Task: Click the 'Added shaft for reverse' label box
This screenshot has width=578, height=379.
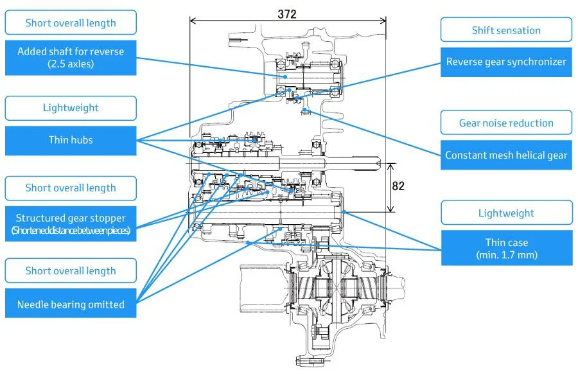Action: (x=71, y=58)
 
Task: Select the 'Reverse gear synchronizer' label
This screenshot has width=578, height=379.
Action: (x=506, y=62)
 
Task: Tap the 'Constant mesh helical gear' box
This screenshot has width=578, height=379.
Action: (x=506, y=155)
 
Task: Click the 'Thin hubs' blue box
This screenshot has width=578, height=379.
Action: (x=71, y=141)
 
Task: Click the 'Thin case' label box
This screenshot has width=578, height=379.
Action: (x=507, y=248)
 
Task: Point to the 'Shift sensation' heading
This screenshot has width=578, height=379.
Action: (x=506, y=30)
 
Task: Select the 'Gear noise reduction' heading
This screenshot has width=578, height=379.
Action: (x=506, y=123)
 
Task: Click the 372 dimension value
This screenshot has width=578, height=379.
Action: (x=287, y=14)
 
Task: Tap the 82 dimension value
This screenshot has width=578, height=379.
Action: (x=398, y=186)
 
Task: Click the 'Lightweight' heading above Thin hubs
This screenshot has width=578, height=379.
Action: (x=71, y=108)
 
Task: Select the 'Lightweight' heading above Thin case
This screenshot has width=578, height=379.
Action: (x=507, y=213)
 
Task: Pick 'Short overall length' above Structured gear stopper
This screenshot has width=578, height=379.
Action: (x=71, y=188)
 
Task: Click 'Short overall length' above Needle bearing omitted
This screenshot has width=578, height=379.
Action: (x=71, y=270)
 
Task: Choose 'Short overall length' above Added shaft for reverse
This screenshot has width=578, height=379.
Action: (x=71, y=23)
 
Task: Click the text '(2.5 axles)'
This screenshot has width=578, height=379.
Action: (x=71, y=64)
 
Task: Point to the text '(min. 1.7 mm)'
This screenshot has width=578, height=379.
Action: (x=507, y=255)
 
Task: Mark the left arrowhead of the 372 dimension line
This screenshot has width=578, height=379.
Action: (x=191, y=21)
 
